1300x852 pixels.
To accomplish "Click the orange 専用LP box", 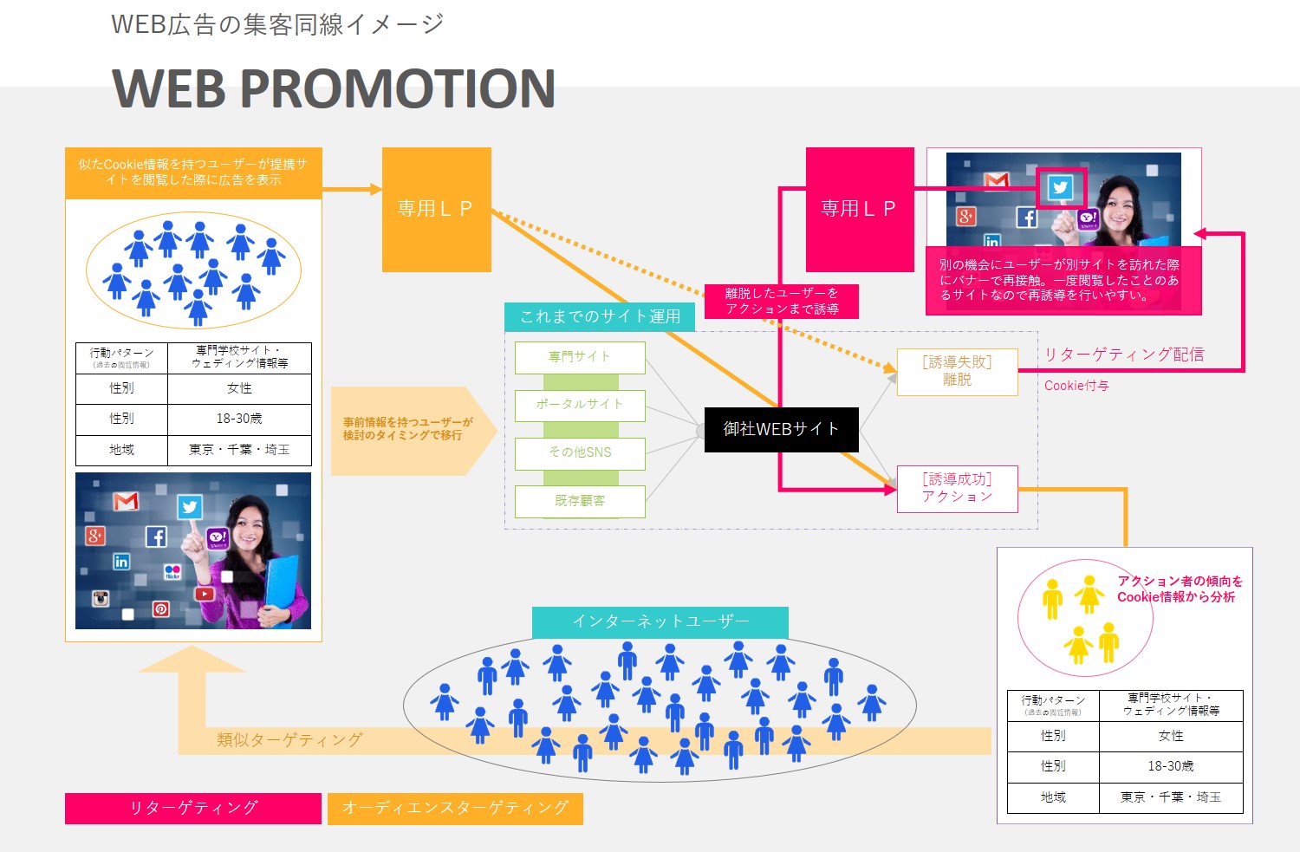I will [x=436, y=209].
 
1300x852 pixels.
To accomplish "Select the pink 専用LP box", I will [x=859, y=209].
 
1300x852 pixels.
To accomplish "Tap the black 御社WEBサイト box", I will [x=781, y=429].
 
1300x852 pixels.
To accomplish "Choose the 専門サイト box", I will [x=580, y=357].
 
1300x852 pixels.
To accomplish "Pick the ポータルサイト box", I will [x=580, y=405].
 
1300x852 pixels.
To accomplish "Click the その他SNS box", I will [x=580, y=452].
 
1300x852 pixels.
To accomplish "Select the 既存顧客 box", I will [x=580, y=501].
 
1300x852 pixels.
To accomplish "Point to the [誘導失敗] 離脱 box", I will [x=957, y=371].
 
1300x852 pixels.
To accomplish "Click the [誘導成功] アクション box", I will [x=957, y=488].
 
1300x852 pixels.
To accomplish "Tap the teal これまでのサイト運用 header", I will [x=600, y=316].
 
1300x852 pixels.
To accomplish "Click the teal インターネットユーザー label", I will [x=660, y=621].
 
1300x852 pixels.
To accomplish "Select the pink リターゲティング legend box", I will [x=193, y=808].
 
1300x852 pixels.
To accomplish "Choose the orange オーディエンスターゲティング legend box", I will [x=455, y=808].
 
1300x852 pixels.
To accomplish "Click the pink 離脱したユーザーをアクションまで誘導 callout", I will [x=781, y=301].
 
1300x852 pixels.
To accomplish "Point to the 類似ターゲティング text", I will [x=289, y=740].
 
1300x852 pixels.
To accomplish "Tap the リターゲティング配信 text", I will [x=1123, y=354].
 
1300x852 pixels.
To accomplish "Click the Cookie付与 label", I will [x=1076, y=386].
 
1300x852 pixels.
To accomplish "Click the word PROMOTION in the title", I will [x=396, y=88].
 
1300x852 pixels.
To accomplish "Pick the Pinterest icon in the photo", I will [x=160, y=608].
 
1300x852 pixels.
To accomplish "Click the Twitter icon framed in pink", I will [x=1060, y=187].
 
